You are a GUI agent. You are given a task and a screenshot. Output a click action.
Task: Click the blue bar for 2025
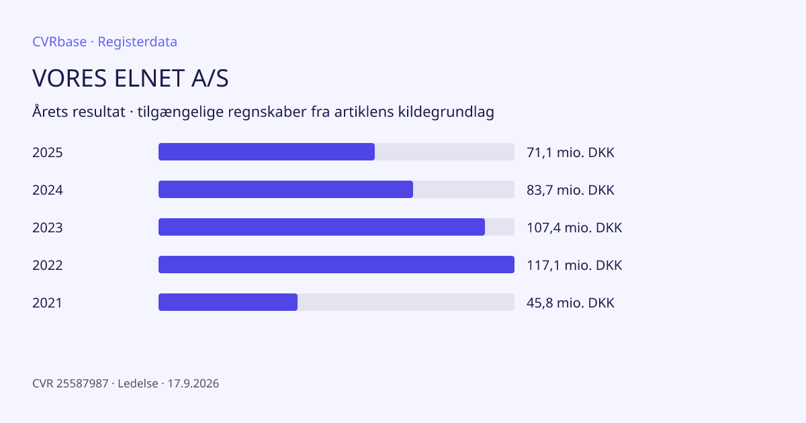(267, 152)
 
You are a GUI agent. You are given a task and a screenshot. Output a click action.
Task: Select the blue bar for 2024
(285, 189)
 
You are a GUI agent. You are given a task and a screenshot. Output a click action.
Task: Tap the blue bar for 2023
(322, 227)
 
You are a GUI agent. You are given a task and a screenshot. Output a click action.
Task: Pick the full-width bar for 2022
(337, 265)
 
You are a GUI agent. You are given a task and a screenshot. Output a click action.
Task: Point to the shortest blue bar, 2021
(228, 302)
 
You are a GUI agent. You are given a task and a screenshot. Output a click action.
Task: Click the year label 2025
(48, 152)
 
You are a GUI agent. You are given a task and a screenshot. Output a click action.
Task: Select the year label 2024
(48, 190)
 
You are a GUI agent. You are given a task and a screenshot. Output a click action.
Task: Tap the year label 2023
(48, 228)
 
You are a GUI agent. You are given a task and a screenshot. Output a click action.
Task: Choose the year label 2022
(48, 265)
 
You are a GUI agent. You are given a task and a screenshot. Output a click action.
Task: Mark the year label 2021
(47, 303)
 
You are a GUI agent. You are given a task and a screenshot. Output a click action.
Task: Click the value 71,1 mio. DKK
(570, 152)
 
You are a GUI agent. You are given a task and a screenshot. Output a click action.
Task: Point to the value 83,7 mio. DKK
(570, 190)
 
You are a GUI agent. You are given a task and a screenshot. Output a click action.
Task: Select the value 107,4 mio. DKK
(574, 228)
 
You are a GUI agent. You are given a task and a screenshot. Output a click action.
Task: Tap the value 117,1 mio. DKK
(574, 265)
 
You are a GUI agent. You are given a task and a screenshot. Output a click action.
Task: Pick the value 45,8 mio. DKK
(570, 303)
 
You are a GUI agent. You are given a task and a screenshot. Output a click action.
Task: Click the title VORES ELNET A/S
(130, 78)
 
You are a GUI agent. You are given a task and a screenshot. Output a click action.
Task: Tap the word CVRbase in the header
(59, 42)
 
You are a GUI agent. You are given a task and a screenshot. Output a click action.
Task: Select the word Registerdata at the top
(138, 42)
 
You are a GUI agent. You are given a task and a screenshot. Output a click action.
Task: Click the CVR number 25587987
(83, 383)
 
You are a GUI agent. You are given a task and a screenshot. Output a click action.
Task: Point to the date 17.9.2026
(193, 383)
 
